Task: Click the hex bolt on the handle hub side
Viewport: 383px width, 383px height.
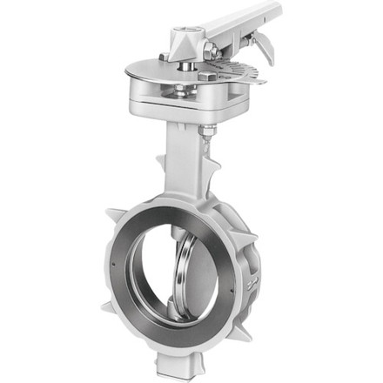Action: [x=211, y=53]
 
